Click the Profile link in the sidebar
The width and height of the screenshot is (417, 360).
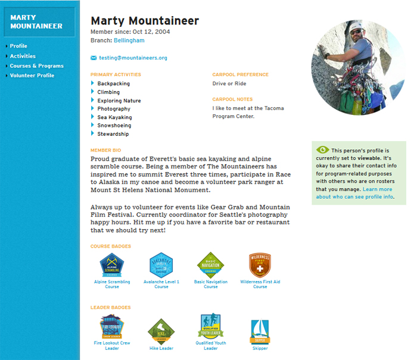pos(18,46)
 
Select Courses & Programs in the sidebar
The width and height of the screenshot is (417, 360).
pos(36,66)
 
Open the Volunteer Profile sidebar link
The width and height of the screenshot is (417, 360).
pos(32,76)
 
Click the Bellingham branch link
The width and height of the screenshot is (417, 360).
pos(129,40)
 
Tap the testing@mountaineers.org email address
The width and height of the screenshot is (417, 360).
pos(133,58)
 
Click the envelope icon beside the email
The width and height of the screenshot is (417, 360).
pos(94,58)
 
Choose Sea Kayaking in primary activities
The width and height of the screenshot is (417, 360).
pos(114,117)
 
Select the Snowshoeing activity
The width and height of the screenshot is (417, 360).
pos(114,126)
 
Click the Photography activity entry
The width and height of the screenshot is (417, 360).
pos(114,109)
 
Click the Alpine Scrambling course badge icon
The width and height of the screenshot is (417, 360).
pos(111,265)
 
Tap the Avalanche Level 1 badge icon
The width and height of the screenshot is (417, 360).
pos(161,265)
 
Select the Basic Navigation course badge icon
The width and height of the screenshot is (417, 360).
pos(210,265)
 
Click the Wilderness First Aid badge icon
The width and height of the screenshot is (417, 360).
pos(260,265)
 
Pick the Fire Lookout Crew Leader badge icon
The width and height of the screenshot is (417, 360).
pos(111,327)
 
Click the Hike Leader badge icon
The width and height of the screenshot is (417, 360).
pos(161,331)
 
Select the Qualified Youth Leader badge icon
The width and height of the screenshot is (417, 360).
pos(210,326)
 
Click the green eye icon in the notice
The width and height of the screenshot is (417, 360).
pos(322,150)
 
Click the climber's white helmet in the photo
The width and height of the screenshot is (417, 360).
pos(356,27)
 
